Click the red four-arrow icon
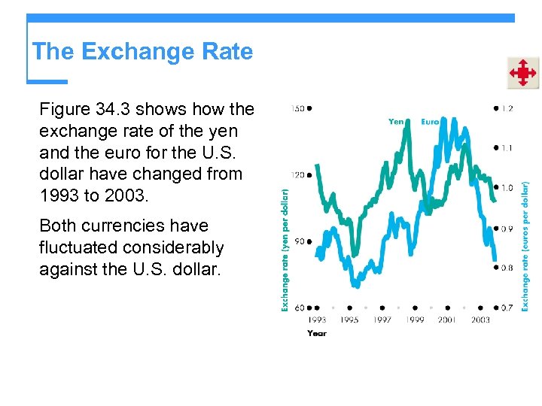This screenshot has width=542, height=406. tap(522, 73)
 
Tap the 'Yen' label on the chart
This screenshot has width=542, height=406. tap(396, 121)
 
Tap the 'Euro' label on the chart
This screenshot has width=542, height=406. tap(430, 121)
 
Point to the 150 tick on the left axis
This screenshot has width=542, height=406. tap(298, 108)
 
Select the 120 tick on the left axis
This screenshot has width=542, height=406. tap(298, 175)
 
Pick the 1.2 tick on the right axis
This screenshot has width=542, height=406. tap(507, 108)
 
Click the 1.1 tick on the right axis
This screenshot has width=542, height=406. tap(507, 148)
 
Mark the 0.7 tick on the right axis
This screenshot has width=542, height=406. tap(507, 308)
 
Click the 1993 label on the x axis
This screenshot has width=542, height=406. tap(316, 320)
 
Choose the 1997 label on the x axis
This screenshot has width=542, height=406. tap(382, 320)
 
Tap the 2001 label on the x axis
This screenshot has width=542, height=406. tap(447, 320)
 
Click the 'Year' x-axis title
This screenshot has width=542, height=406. tap(317, 332)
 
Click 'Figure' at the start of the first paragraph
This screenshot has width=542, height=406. tap(63, 109)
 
